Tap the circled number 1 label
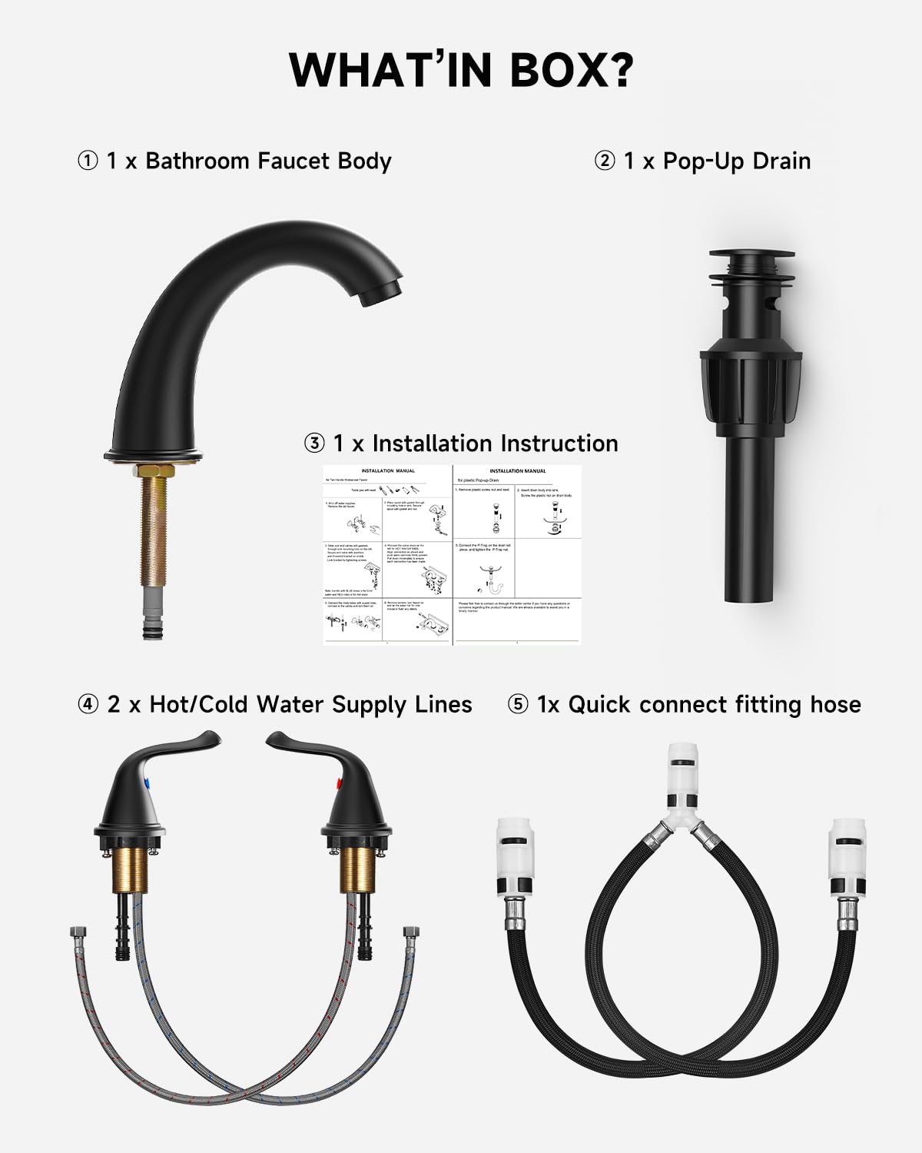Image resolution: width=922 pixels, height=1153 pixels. [88, 161]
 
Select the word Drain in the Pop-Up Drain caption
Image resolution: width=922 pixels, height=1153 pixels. [781, 161]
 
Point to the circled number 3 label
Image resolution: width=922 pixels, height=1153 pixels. [314, 444]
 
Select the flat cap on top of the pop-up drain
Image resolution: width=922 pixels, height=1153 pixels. [752, 254]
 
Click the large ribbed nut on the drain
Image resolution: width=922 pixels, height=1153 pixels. [751, 384]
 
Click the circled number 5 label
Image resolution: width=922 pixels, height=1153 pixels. [518, 705]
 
